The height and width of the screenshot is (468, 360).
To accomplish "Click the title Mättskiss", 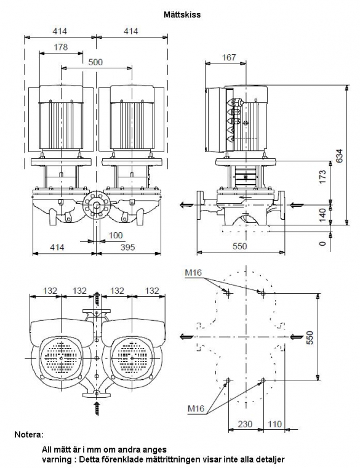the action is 182,14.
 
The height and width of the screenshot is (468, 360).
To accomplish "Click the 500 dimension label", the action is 95,62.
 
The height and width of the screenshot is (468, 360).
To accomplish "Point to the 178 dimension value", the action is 61,47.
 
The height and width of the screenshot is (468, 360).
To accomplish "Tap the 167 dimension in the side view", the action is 229,57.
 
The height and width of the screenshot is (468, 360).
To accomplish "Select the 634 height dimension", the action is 340,156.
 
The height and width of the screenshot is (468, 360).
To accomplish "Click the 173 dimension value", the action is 322,177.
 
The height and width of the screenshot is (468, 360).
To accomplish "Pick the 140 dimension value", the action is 322,215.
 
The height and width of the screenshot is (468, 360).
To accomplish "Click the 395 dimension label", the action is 127,247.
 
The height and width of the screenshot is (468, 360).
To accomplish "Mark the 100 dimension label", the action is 116,235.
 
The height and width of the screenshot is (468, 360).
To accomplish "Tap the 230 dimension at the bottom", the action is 245,424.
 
